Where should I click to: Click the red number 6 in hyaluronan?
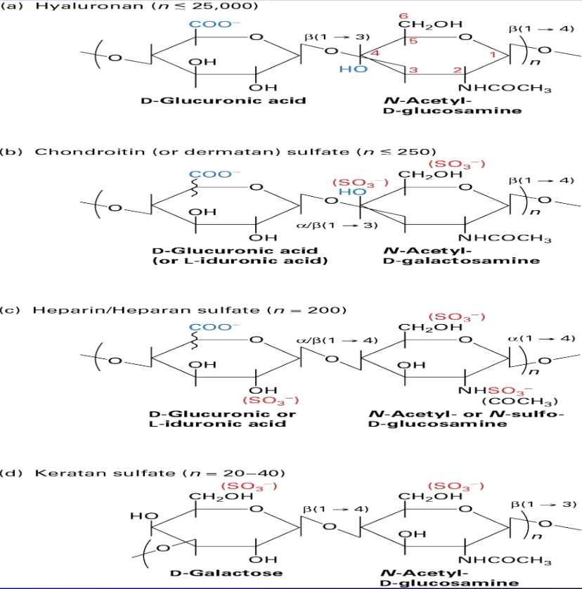point(403,16)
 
